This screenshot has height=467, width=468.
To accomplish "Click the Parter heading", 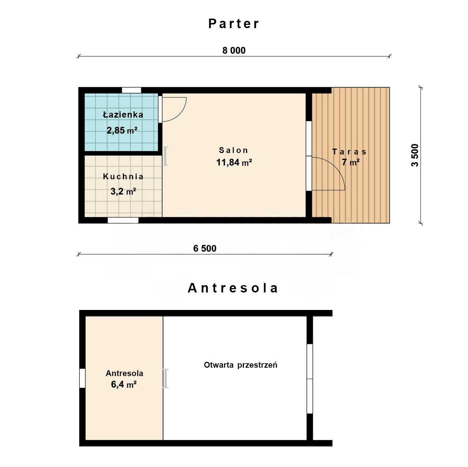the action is (234, 23).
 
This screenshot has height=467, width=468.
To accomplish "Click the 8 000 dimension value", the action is (234, 50).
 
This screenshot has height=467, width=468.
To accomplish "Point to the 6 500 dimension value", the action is (204, 248).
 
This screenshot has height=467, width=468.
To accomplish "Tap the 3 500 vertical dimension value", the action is (415, 155).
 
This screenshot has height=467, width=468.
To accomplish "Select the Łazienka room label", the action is (123, 115).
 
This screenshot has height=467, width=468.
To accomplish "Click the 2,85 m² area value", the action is (122, 130).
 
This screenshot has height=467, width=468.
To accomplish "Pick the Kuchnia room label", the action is (123, 176).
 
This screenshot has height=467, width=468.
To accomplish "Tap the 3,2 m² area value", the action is (123, 191).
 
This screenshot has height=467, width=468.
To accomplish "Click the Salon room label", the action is (233, 150).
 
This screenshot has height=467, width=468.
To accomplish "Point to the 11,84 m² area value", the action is (234, 162).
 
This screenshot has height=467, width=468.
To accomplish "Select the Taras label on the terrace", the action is (349, 152).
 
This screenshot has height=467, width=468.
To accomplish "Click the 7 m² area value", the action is (351, 162).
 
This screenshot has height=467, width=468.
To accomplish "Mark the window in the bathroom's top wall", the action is (131, 90).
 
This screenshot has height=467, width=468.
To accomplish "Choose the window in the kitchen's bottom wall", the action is (123, 220).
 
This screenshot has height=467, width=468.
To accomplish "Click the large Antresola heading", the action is (233, 288).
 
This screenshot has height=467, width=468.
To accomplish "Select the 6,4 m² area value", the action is (124, 384).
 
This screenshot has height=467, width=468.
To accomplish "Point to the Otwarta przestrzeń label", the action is (241, 365).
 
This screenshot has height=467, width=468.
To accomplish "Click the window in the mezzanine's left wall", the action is (82, 378).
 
